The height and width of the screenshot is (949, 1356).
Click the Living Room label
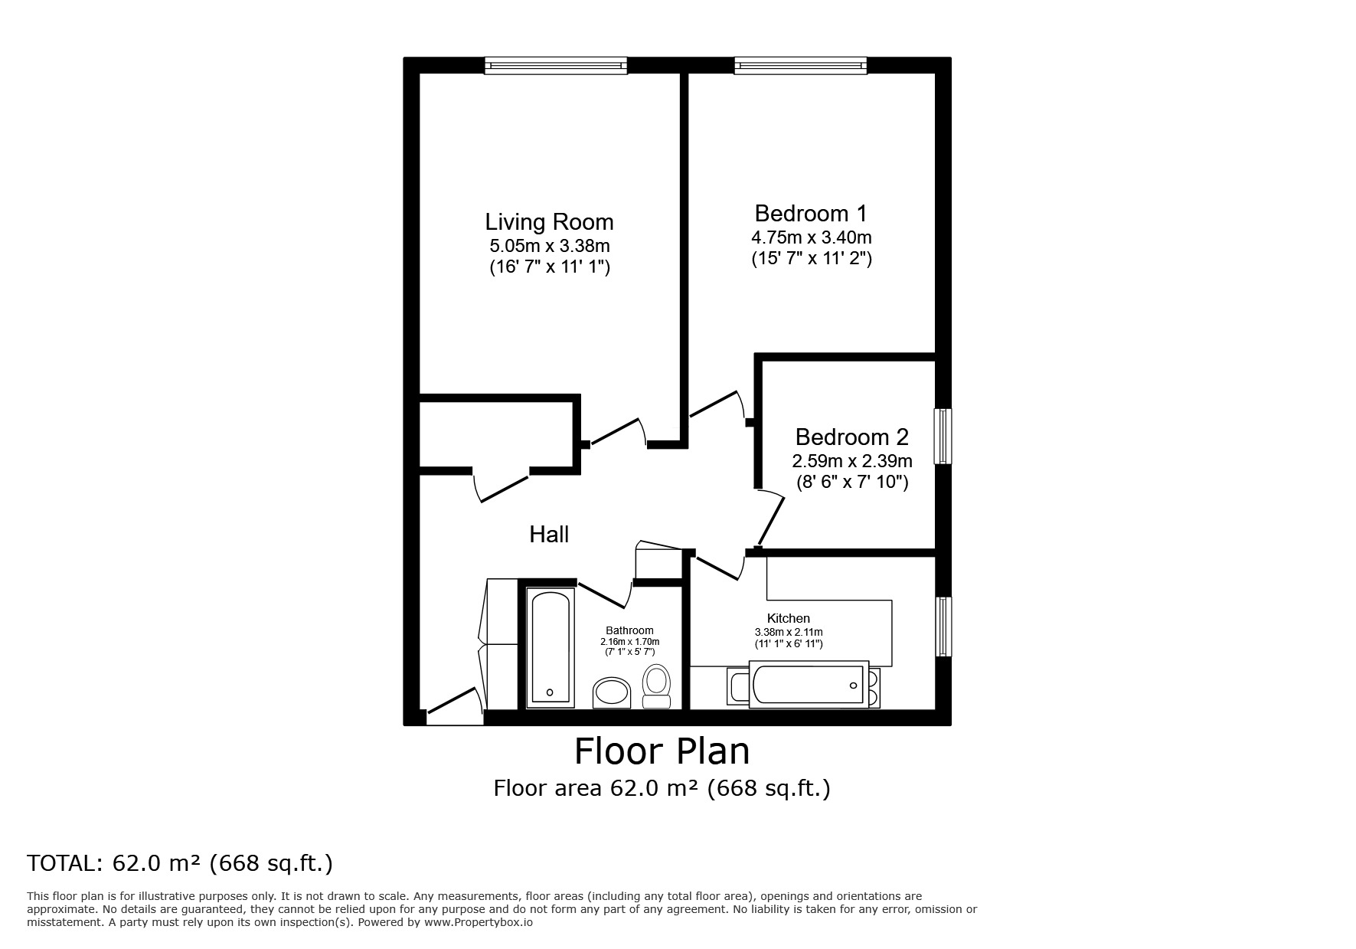click(549, 222)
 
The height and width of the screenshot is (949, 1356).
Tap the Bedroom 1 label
click(811, 213)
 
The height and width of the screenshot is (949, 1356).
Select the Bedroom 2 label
click(851, 437)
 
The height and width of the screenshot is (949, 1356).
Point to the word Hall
click(549, 534)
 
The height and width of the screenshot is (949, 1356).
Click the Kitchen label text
click(789, 618)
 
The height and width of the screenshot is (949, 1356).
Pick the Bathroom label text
click(629, 630)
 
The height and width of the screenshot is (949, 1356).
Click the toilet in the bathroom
click(656, 686)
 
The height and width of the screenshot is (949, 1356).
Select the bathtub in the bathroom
click(550, 646)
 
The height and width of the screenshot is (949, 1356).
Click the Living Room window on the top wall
click(556, 66)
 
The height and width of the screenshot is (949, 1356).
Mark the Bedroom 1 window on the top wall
click(801, 66)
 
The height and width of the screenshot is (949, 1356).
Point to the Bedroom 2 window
click(943, 436)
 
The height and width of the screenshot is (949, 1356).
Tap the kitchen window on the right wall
click(943, 627)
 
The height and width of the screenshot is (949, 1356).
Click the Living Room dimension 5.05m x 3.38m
click(550, 246)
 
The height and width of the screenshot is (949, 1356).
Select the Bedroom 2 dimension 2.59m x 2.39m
click(852, 461)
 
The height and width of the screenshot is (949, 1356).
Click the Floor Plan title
click(662, 751)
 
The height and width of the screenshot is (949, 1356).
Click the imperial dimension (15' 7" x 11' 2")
click(811, 258)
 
